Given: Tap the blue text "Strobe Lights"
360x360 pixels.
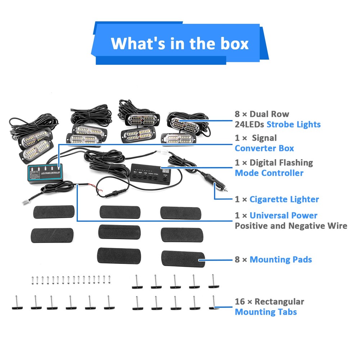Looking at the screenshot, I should point(293,125).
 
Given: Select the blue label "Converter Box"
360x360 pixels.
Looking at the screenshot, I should point(264,148).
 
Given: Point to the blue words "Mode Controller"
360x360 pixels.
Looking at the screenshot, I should point(269,173).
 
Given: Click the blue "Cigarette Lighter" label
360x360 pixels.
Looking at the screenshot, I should point(284,199).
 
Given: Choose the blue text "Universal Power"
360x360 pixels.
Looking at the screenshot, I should point(283,216).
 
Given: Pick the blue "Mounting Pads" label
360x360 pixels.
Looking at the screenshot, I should point(280,260).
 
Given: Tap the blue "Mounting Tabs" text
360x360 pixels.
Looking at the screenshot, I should point(266,312).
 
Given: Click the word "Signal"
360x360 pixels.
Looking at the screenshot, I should point(264,138).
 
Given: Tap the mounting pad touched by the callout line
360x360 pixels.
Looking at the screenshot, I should point(183,258).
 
